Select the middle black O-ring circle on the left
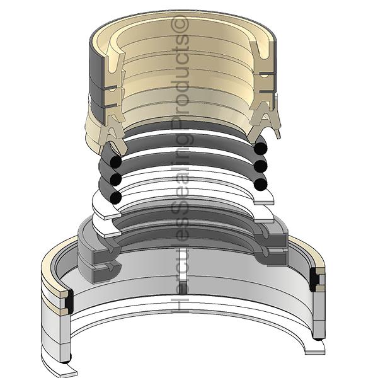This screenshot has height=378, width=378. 115,180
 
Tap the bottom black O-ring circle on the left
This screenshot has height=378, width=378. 115,197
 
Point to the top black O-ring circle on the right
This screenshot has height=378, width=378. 260,149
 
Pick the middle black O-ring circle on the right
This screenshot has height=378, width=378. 260,167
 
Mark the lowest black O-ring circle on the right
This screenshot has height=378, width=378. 260,184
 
